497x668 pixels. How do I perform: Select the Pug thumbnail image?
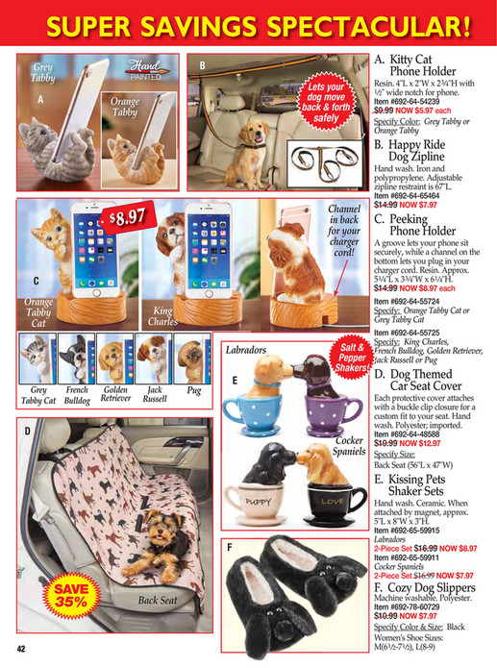pos(193,359)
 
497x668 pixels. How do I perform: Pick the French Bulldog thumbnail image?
pos(77,359)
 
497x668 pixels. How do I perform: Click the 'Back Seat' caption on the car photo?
pos(156,601)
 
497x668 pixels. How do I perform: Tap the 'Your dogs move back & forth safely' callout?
pos(326,102)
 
